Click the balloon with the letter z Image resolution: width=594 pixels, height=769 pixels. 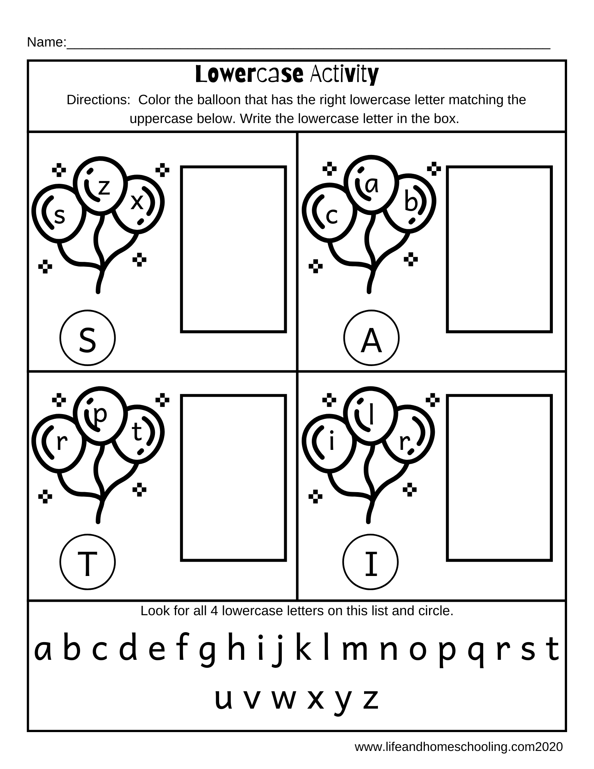point(100,185)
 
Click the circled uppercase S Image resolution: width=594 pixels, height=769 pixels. point(87,338)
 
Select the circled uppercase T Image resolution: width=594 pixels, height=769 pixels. point(87,562)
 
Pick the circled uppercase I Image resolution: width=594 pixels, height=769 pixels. point(371,562)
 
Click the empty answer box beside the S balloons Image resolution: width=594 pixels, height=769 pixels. point(233,249)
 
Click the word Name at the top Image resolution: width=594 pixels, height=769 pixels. point(45,43)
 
